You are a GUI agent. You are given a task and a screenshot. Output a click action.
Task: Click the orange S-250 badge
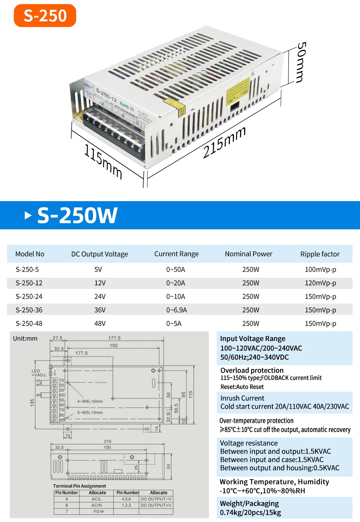45,16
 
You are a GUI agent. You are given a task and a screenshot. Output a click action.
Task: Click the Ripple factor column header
320,254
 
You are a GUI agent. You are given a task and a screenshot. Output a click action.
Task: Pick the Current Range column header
176,254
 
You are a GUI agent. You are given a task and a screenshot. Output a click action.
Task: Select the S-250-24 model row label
29,296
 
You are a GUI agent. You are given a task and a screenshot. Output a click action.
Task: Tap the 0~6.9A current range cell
177,310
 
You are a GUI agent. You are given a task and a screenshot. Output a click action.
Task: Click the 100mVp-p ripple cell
320,269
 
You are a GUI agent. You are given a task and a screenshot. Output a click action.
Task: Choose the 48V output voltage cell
100,323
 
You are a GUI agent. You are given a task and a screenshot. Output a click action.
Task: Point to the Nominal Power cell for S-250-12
250,283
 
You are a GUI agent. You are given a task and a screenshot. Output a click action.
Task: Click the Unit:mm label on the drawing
25,338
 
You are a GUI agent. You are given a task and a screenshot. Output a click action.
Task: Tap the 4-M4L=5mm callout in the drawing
90,401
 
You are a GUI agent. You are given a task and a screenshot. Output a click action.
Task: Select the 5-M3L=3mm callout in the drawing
90,412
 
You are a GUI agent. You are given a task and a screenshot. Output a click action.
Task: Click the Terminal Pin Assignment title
79,486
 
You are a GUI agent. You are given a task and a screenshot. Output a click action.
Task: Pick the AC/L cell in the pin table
97,499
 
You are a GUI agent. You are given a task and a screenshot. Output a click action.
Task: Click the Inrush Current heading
242,398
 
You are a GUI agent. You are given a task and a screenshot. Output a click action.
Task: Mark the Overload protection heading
252,370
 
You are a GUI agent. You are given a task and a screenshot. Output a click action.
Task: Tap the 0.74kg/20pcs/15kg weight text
250,513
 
